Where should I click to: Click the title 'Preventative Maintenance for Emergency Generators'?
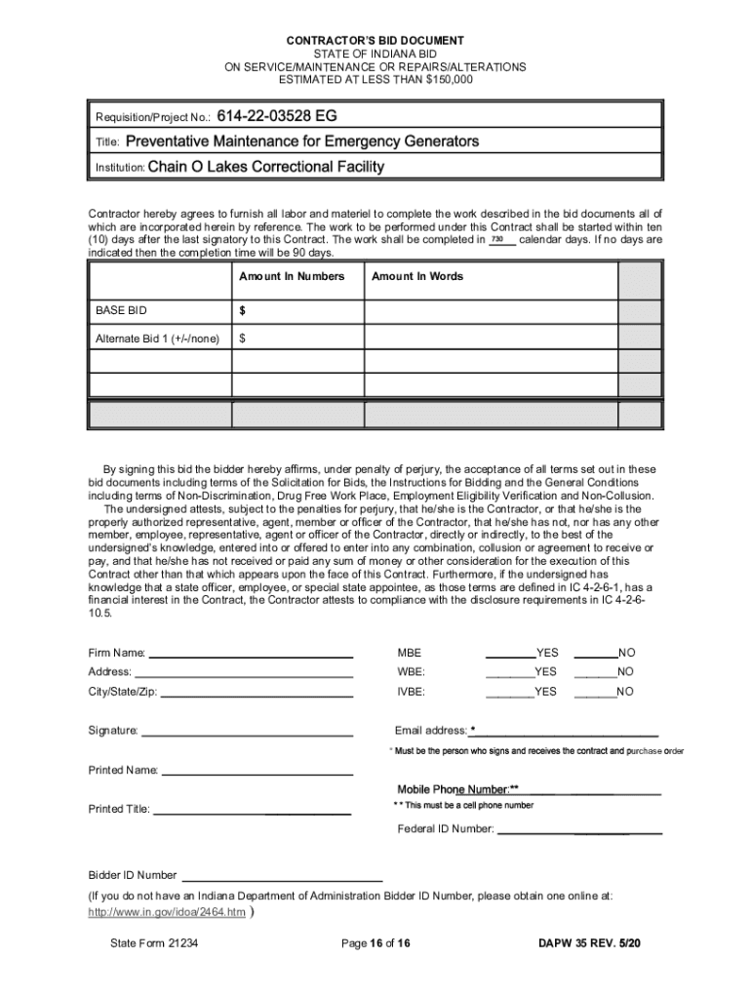(x=302, y=141)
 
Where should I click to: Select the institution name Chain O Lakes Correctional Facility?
(x=266, y=167)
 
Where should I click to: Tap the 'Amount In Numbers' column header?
(x=292, y=276)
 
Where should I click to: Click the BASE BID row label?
(x=121, y=310)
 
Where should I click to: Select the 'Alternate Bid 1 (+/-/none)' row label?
(x=156, y=339)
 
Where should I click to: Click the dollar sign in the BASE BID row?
(x=243, y=310)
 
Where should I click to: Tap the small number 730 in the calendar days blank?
(x=497, y=239)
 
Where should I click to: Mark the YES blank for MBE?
(x=509, y=654)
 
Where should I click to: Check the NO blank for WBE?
(x=595, y=673)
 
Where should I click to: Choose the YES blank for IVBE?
(x=509, y=693)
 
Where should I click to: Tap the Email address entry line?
(x=567, y=733)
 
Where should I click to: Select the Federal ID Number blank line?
(x=580, y=832)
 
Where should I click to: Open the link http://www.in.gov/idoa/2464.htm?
(x=167, y=913)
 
